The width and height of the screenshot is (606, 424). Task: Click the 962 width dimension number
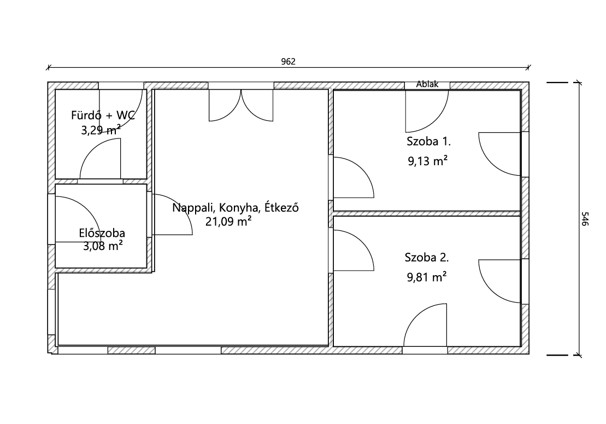click(x=289, y=61)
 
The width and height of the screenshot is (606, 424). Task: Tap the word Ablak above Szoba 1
click(x=427, y=84)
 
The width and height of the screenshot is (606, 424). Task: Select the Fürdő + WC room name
click(x=103, y=115)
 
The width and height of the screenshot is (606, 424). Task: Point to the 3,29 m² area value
click(x=101, y=130)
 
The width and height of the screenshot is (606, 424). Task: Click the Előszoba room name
click(x=102, y=233)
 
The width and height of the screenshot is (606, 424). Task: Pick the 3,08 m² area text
click(x=103, y=246)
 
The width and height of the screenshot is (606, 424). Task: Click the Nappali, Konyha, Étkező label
click(x=236, y=207)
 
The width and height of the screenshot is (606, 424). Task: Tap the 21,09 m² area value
click(x=228, y=221)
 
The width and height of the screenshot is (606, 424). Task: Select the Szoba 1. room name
click(x=428, y=141)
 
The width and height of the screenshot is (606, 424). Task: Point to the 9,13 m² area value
click(x=428, y=160)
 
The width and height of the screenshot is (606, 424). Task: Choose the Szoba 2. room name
click(x=427, y=257)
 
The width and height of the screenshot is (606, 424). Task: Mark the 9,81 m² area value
click(x=427, y=277)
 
